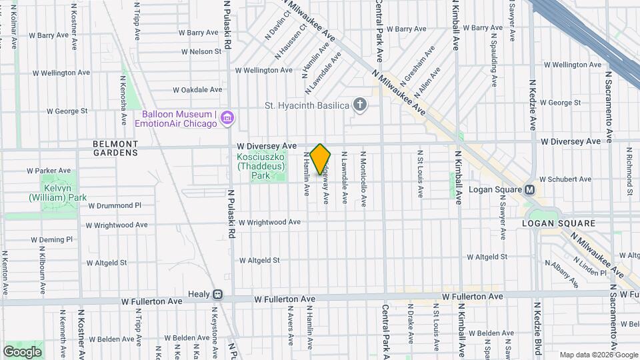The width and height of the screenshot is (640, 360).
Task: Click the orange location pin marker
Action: [x=321, y=159]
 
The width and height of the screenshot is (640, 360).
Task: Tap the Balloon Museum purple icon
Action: [x=227, y=118]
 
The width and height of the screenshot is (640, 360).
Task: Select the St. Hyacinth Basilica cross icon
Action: [x=360, y=105]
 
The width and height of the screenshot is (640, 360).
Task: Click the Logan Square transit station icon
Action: [x=530, y=189]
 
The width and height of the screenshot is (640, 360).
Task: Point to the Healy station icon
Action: [x=217, y=294]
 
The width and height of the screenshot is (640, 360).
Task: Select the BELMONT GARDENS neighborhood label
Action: [x=115, y=148]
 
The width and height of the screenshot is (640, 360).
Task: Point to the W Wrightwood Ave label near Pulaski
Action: [x=271, y=222]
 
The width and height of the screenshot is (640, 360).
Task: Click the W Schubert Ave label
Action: [x=565, y=179]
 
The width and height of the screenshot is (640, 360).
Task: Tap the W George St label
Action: [x=561, y=103]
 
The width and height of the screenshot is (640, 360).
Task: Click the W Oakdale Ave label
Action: [x=197, y=89]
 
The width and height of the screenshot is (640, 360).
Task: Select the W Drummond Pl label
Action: [x=115, y=205]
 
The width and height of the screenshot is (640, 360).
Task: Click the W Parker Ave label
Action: [x=49, y=171]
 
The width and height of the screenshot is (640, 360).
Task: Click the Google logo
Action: [x=22, y=351]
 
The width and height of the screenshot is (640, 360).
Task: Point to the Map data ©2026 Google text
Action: [x=598, y=355]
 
